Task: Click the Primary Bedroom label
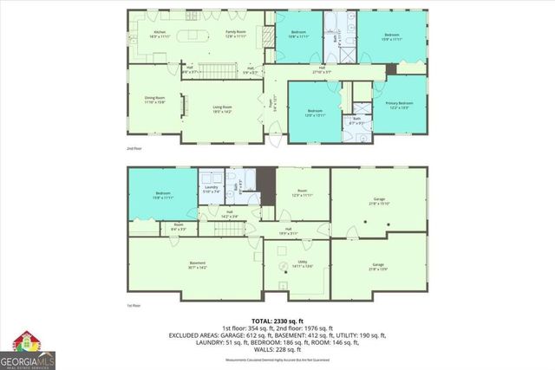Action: [x=399, y=105]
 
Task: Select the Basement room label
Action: [x=197, y=264]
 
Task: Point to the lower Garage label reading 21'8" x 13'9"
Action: [x=378, y=266]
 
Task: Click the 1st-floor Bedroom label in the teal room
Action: [x=162, y=195]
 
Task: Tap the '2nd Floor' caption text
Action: [x=134, y=149]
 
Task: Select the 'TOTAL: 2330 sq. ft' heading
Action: [x=277, y=320]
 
